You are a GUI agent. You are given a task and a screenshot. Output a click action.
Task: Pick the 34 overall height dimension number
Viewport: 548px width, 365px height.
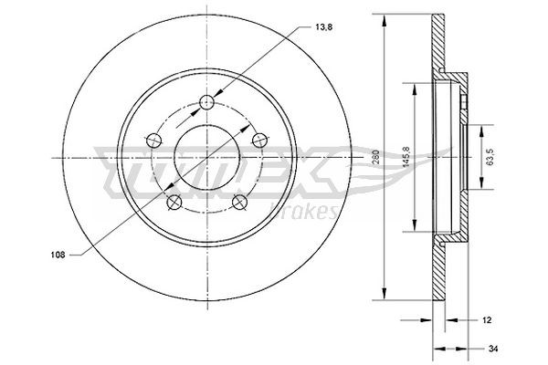pyautogui.click(x=494, y=348)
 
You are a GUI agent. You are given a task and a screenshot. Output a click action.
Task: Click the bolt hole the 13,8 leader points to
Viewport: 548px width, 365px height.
pyautogui.click(x=207, y=101)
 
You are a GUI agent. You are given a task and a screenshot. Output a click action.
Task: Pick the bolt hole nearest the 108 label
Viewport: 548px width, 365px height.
pyautogui.click(x=174, y=202)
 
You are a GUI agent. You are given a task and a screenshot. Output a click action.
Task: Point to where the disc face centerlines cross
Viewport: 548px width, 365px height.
pyautogui.click(x=207, y=157)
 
